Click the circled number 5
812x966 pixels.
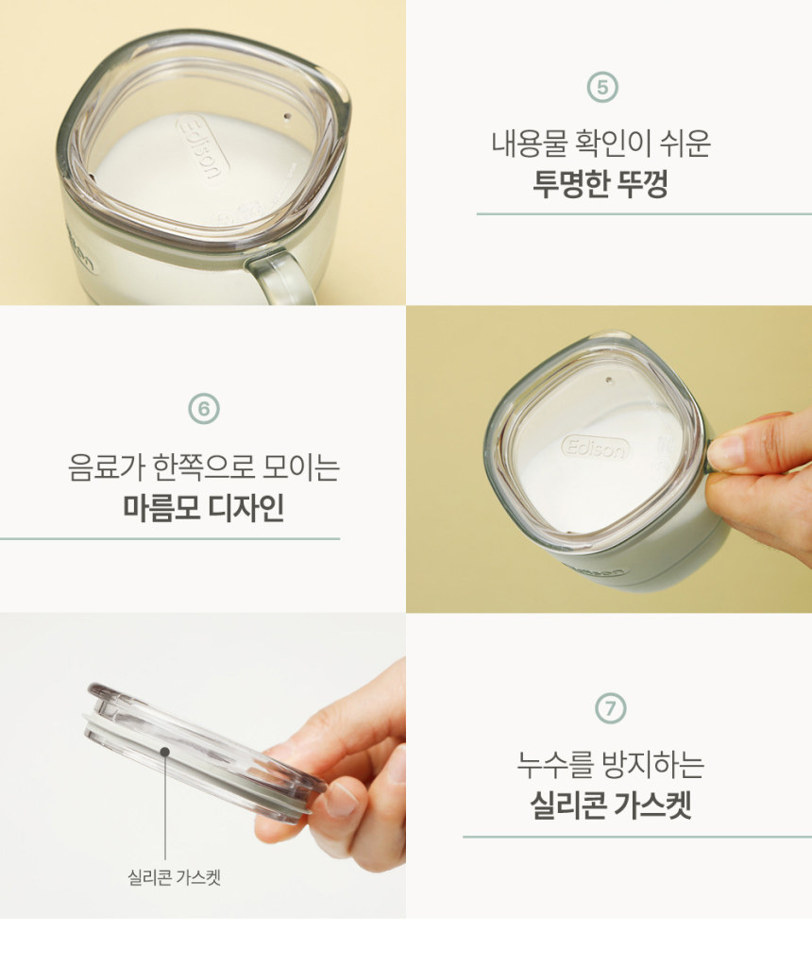click(602, 88)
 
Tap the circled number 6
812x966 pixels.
click(204, 409)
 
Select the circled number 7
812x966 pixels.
click(610, 708)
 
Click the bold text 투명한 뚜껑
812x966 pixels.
click(601, 183)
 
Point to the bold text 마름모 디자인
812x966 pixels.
click(204, 508)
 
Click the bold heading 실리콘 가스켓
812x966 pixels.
click(611, 805)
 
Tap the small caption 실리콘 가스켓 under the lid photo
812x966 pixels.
click(175, 876)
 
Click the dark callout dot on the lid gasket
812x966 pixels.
click(164, 752)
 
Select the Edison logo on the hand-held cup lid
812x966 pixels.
click(596, 448)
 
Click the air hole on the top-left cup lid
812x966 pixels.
click(285, 115)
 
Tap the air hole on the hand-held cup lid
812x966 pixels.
click(610, 381)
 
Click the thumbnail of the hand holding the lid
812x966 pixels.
click(341, 797)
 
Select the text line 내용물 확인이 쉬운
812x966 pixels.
click(601, 144)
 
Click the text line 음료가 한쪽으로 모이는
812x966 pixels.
click(204, 467)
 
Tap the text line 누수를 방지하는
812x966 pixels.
click(611, 764)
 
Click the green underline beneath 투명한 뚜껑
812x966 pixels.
click(645, 213)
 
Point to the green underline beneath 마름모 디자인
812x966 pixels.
click(170, 538)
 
